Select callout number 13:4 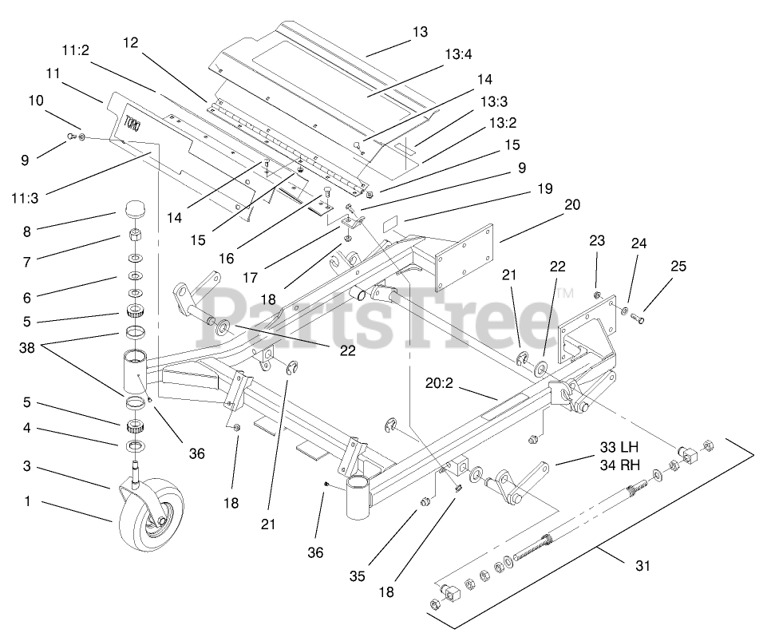[x=459, y=55]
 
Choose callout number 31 [x=643, y=566]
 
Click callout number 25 [x=678, y=267]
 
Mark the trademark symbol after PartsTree [x=564, y=294]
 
